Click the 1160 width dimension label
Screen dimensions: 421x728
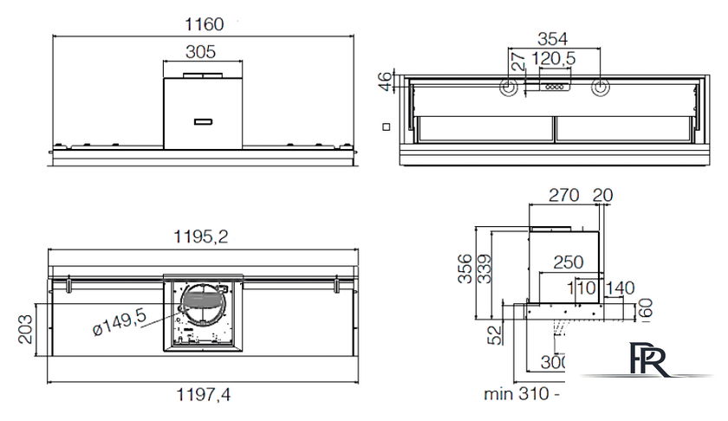(x=204, y=24)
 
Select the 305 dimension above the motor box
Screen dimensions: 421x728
(x=200, y=52)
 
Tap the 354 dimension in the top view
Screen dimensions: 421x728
(x=551, y=38)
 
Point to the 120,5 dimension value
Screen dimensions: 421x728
(x=556, y=59)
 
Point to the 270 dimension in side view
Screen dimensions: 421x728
(x=564, y=195)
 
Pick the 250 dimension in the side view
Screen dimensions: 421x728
(x=569, y=262)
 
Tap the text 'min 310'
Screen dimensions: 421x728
(x=515, y=394)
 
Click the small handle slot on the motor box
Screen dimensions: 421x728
(x=203, y=120)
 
